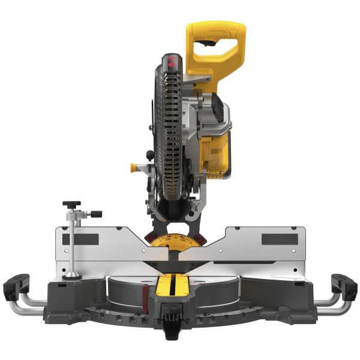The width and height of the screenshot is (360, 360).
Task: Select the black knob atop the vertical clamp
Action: tap(71, 204)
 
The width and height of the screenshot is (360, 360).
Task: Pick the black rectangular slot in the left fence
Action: tap(80, 239)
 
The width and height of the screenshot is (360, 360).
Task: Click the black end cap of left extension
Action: tap(16, 286)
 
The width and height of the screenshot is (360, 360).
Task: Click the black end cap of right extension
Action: tap(344, 286)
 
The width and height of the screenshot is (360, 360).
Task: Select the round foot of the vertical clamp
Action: tap(72, 275)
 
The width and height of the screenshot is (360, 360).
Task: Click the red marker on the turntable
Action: tap(146, 293)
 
